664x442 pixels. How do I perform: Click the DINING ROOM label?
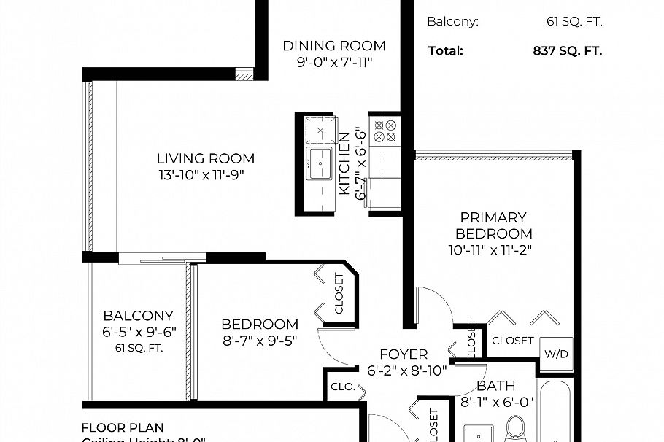[x=334, y=46]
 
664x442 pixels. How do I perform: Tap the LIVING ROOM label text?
[x=206, y=158]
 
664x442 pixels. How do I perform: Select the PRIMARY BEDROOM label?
[x=493, y=225]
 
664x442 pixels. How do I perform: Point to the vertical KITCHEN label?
[x=344, y=163]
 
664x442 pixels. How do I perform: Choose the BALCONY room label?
[x=139, y=316]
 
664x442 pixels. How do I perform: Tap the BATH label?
[x=495, y=385]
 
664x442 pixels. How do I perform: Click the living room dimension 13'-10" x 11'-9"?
[x=206, y=175]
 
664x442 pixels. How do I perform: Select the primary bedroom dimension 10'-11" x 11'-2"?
[x=493, y=251]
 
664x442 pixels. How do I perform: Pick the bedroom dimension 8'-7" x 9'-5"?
[x=260, y=340]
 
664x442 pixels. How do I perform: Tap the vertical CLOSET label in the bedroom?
[x=339, y=292]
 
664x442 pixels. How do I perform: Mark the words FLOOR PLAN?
[x=123, y=427]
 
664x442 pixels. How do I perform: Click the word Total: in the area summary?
[x=445, y=51]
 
